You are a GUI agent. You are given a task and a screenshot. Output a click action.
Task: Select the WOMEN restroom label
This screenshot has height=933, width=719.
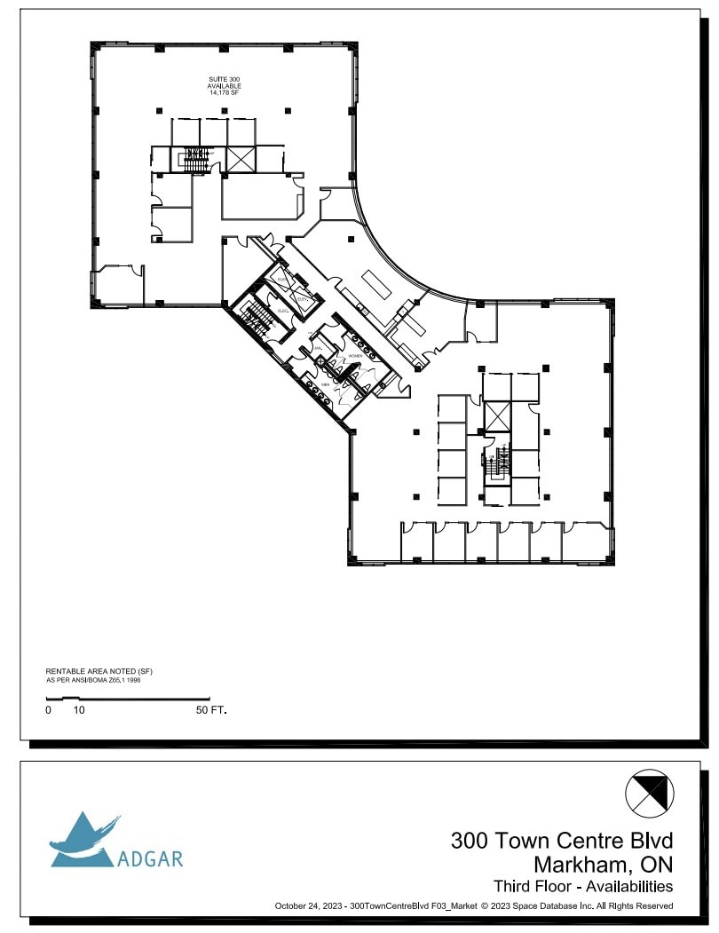pos(355,355)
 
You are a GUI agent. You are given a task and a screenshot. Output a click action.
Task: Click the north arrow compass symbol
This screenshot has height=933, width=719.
pos(650,793)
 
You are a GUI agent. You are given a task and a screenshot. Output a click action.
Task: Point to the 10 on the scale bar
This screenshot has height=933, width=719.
pos(79,710)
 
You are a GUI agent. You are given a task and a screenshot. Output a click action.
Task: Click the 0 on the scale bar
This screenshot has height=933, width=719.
pos(48,710)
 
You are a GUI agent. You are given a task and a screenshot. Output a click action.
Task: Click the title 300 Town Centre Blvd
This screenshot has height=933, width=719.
pos(562,840)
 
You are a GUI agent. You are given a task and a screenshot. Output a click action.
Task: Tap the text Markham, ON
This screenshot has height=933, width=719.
pos(603,864)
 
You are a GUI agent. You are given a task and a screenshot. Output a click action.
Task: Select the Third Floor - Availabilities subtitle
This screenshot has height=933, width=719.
pos(582,886)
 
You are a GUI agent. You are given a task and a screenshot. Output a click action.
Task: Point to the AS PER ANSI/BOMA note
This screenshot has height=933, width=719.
pos(93,680)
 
